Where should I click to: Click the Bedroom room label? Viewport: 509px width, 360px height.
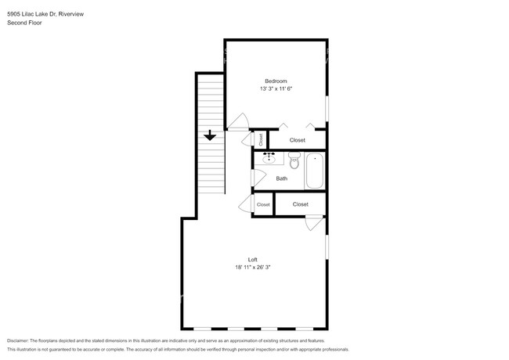click(x=276, y=81)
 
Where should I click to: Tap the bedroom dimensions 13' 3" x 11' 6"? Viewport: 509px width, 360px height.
click(x=276, y=89)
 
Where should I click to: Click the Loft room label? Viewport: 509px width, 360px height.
click(x=252, y=260)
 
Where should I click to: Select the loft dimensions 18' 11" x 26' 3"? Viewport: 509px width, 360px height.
click(x=252, y=268)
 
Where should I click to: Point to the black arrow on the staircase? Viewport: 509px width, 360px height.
click(x=209, y=135)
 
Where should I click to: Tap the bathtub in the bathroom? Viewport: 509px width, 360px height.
click(x=315, y=170)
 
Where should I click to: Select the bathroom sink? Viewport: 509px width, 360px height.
click(x=269, y=159)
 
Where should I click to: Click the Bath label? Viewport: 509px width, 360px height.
click(x=281, y=178)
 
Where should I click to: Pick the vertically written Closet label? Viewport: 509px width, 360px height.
click(x=260, y=139)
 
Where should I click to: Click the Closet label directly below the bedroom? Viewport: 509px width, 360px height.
click(x=297, y=140)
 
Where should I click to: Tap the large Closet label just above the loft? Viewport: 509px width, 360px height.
click(x=300, y=204)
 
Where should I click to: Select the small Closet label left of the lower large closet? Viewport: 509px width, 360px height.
click(x=262, y=205)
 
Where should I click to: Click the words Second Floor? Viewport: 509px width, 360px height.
click(x=24, y=23)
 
